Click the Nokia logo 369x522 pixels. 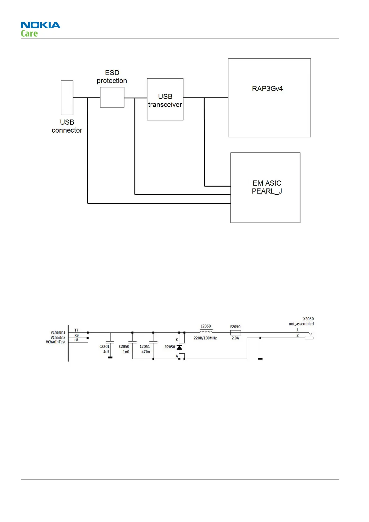41,25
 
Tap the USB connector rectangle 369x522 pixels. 67,98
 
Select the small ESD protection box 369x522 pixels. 112,97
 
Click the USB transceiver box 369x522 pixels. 165,99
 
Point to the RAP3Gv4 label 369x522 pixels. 267,89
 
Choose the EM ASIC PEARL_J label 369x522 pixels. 267,187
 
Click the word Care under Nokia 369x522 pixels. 29,33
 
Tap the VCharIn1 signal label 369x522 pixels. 58,332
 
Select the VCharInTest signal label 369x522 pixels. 56,342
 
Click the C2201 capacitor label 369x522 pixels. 104,347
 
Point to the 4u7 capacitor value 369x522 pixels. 106,352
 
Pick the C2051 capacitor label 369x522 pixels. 145,347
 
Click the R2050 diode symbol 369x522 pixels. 179,347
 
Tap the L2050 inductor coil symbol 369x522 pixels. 206,332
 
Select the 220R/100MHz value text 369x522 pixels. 205,338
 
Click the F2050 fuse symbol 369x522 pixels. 235,333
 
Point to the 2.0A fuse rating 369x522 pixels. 235,338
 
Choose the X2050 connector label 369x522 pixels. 308,319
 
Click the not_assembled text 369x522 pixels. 301,324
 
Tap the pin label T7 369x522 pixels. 77,330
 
